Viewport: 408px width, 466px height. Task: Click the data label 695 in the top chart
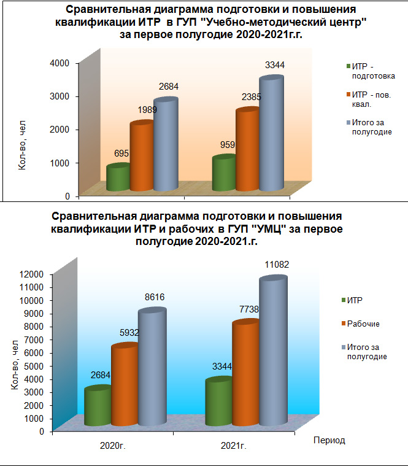(x=121, y=153)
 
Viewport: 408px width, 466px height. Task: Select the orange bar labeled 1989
(x=141, y=157)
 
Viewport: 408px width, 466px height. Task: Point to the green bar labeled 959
(x=223, y=174)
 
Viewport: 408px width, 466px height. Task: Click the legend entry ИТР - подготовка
(x=372, y=71)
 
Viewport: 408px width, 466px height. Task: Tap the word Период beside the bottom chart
(x=329, y=440)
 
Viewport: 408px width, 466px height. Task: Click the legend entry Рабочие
(x=363, y=324)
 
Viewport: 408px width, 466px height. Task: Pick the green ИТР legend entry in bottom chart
(x=354, y=300)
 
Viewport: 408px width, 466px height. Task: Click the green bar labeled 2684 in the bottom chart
(x=97, y=407)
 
